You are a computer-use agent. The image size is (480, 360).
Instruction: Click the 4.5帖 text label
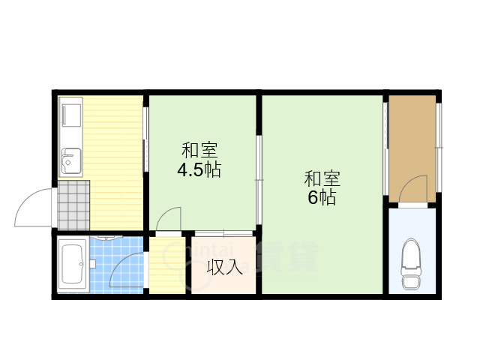point(198,170)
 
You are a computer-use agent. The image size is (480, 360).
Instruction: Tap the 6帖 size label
point(322,198)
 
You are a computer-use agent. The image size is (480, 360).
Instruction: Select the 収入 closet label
point(224,266)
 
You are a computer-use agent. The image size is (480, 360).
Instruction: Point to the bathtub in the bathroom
point(73,266)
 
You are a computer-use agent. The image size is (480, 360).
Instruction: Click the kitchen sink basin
point(72,160)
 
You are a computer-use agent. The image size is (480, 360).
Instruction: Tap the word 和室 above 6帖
point(322,179)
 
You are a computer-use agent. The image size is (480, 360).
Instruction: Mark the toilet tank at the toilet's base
point(412,282)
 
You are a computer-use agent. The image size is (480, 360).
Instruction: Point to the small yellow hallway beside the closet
point(166,266)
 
